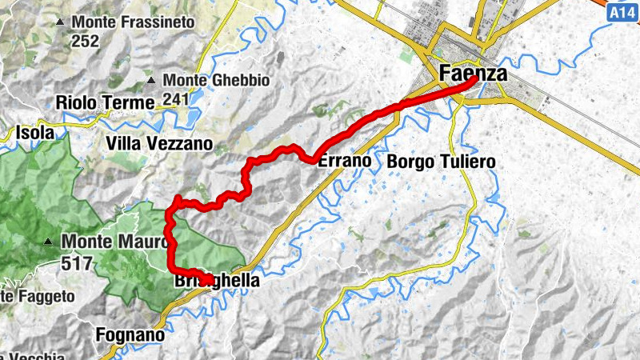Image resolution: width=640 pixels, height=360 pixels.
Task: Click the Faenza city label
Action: click(x=472, y=74)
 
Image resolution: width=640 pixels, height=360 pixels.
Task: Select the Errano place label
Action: click(x=345, y=161)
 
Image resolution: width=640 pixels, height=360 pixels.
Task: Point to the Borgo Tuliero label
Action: click(x=441, y=162)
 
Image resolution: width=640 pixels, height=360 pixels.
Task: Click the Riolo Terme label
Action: click(x=105, y=102)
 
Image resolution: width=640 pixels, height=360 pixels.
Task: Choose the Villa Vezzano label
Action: click(x=159, y=144)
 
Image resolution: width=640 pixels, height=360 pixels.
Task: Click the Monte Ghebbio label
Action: click(x=217, y=81)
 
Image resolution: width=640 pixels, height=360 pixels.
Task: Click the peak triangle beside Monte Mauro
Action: click(x=50, y=241)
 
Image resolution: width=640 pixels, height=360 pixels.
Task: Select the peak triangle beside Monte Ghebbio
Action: click(x=150, y=81)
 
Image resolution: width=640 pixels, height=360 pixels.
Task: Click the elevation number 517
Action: click(x=77, y=261)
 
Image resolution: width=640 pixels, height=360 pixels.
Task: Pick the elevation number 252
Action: click(x=87, y=42)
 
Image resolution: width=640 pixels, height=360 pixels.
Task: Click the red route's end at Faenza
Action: click(x=475, y=79)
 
